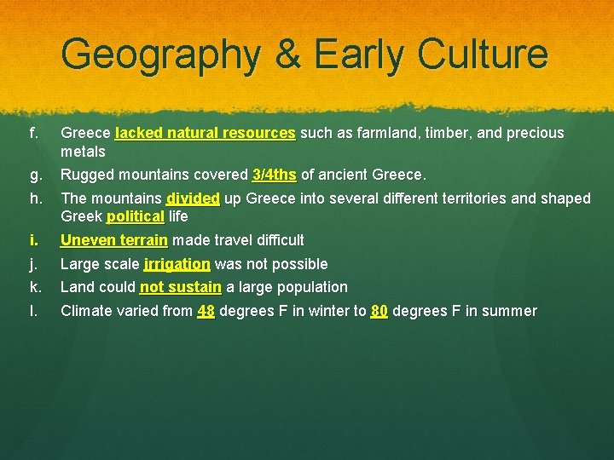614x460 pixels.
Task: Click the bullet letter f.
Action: (x=33, y=133)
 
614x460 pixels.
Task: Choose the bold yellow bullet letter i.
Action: (x=32, y=240)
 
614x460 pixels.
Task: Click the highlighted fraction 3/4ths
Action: (x=274, y=175)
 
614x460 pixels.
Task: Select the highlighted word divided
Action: (x=193, y=198)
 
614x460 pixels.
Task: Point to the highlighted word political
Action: (x=135, y=216)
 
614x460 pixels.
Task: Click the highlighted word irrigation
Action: (x=177, y=264)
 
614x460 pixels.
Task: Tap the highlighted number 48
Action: (x=206, y=311)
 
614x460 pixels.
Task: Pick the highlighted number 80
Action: (x=379, y=311)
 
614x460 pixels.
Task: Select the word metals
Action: (x=83, y=152)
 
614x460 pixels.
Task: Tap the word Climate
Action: (x=85, y=311)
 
